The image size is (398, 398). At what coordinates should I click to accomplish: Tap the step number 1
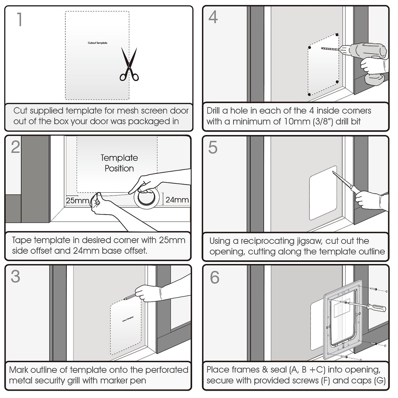point(20,20)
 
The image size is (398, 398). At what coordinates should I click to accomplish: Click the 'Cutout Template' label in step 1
point(98,43)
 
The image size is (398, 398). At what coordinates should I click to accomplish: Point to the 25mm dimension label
point(77,201)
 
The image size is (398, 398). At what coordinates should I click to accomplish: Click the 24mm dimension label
point(177,200)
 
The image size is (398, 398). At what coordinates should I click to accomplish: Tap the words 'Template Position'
point(119,163)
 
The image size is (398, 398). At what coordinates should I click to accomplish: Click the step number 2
point(15,147)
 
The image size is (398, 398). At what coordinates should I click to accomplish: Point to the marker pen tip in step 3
point(125,299)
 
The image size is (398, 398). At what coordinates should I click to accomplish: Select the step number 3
point(15,276)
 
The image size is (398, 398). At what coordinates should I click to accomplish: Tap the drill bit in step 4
point(330,49)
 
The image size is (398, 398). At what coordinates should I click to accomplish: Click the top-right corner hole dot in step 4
point(337,34)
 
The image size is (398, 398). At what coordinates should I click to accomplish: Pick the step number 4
point(213,17)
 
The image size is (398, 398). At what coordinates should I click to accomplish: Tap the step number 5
point(213,147)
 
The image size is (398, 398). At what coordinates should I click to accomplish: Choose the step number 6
point(215,277)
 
